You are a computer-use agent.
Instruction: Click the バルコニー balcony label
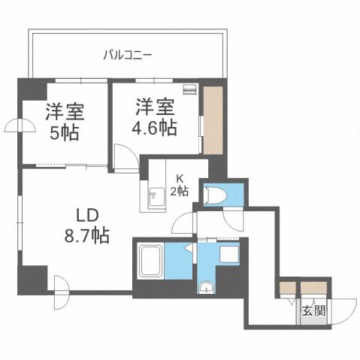[x=128, y=55]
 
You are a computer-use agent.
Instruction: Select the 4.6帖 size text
[x=156, y=127]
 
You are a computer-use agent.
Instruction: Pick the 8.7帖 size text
[x=86, y=234]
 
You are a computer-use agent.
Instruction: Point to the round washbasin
[x=206, y=287]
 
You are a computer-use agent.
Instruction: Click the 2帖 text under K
[x=180, y=190]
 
